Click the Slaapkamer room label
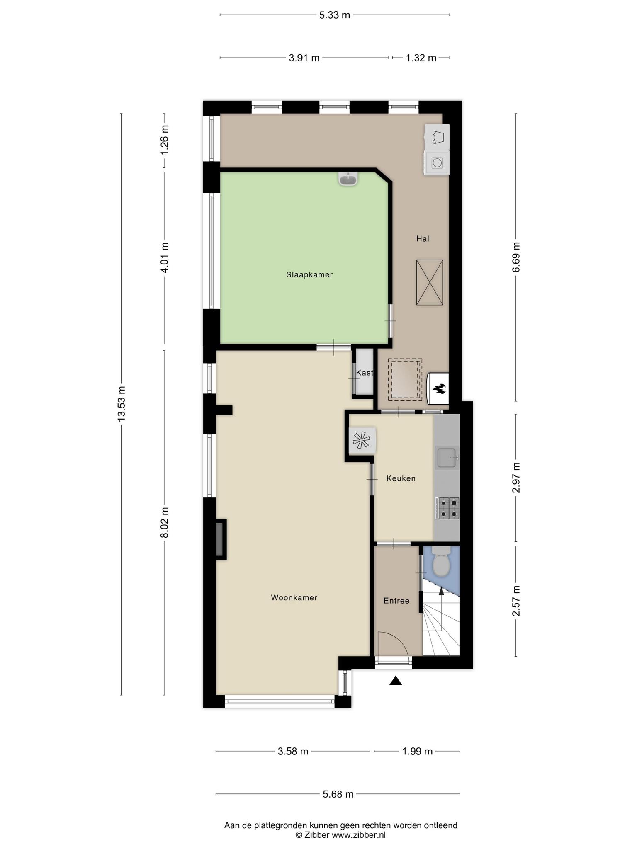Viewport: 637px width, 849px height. pos(309,274)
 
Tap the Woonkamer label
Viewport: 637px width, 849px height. pos(294,597)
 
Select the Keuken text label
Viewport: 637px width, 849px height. pos(401,478)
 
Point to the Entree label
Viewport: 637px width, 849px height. pos(396,601)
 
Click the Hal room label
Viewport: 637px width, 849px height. pos(423,238)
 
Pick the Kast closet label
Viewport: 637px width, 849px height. pos(365,373)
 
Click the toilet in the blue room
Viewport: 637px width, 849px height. pos(441,562)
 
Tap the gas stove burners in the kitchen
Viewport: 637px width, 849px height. pos(447,508)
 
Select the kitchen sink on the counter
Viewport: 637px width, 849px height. pos(446,458)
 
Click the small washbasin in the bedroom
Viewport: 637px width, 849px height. pos(348,179)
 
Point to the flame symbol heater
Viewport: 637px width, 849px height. pos(438,388)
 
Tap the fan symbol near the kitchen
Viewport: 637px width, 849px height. pos(361,440)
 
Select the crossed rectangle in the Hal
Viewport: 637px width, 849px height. pos(430,283)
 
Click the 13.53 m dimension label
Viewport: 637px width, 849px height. pos(121,403)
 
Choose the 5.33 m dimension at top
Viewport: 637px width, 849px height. pos(334,15)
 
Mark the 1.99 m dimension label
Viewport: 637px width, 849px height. pos(417,751)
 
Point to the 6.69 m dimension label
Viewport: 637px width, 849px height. pos(516,257)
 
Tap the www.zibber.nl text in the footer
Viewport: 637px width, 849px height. pos(358,823)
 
